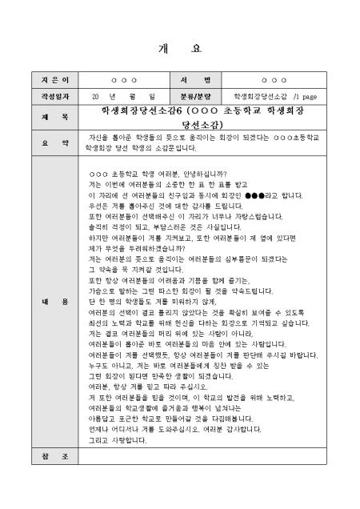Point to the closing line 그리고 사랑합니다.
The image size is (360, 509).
pyautogui.click(x=118, y=439)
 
